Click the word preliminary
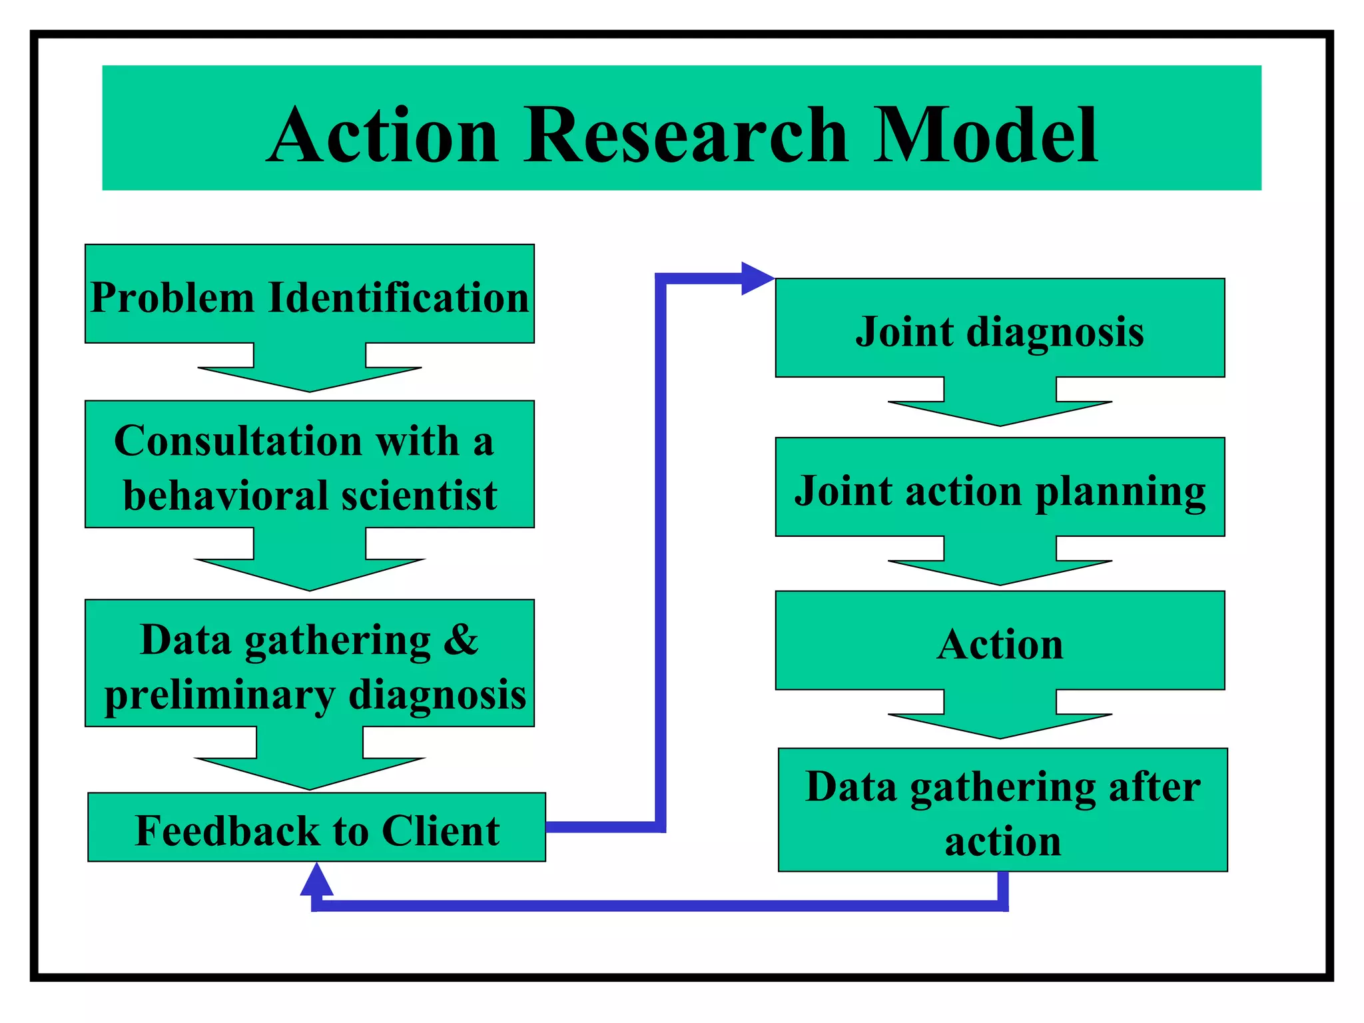[220, 696]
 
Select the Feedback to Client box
[316, 828]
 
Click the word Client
[440, 831]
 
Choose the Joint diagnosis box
[999, 329]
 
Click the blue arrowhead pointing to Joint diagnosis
[756, 278]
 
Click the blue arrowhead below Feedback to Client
[316, 880]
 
